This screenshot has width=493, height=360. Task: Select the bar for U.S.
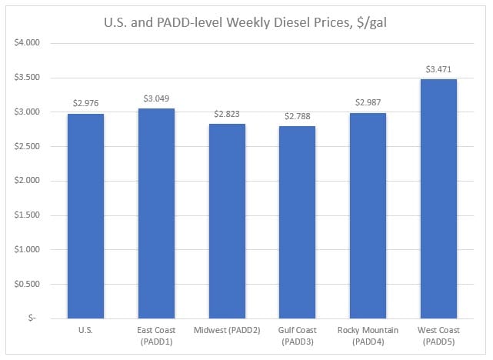coord(85,215)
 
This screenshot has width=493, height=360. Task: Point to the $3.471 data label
coord(438,69)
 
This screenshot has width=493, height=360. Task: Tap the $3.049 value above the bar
coord(156,98)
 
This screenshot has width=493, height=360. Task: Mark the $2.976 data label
coord(85,103)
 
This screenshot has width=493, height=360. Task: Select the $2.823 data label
coord(227,114)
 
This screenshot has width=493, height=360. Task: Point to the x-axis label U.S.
coord(85,330)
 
